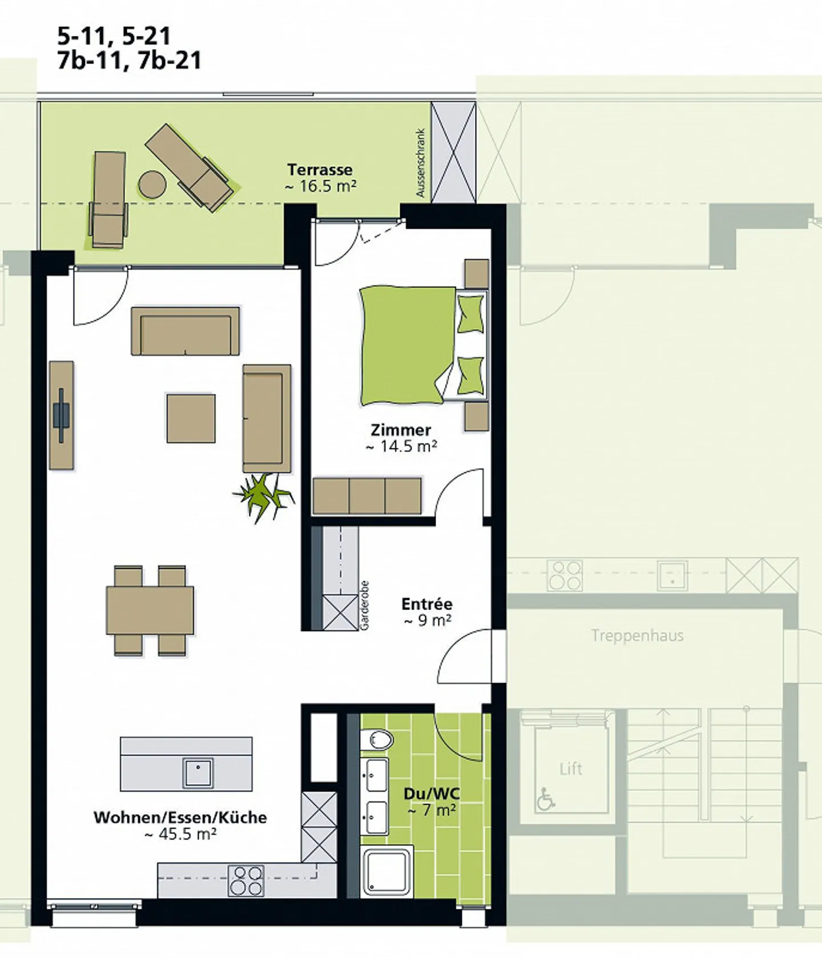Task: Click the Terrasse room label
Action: coord(320,170)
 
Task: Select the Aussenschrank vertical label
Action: coord(421,163)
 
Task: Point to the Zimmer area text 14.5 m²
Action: coord(401,447)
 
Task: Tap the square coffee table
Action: coord(191,418)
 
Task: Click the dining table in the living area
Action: coord(150,610)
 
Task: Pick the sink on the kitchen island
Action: coord(198,773)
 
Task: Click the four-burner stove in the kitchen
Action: coord(246,880)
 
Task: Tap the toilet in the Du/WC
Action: coord(377,740)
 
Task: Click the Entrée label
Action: coord(427,604)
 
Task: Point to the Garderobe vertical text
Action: coord(365,606)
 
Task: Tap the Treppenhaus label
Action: coord(637,636)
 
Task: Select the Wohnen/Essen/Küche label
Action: coord(180,817)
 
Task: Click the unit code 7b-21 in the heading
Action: coord(170,61)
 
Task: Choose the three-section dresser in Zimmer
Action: coord(367,496)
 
